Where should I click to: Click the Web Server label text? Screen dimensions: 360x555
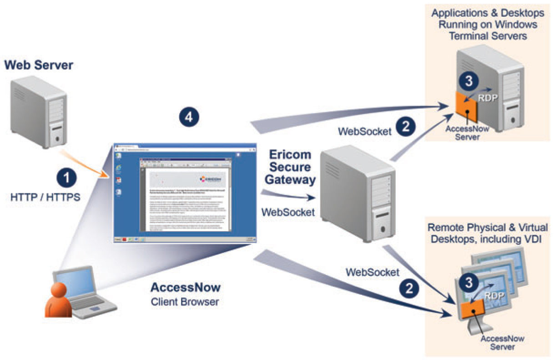[39, 65]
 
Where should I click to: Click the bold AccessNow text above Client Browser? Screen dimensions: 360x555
[186, 288]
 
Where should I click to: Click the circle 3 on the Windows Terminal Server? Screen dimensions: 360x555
[469, 81]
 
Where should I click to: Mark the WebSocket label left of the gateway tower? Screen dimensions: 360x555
[288, 212]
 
